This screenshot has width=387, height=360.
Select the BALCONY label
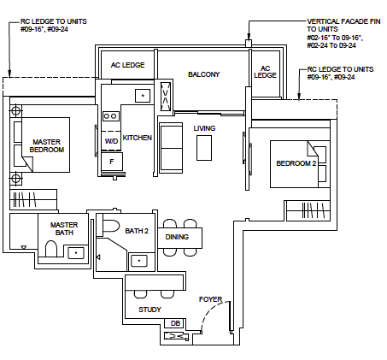click(204, 74)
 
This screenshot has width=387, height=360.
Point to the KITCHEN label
click(138, 138)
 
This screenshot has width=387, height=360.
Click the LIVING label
click(204, 128)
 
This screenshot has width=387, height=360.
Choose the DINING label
click(177, 237)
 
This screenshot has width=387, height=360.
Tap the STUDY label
click(150, 310)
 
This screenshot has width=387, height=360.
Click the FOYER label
click(211, 300)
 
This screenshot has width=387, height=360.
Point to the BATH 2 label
click(137, 231)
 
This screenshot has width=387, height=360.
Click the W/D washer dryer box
click(111, 141)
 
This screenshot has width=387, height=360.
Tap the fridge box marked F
click(111, 160)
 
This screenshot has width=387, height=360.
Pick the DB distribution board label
click(175, 323)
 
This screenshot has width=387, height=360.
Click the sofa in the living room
click(171, 146)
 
